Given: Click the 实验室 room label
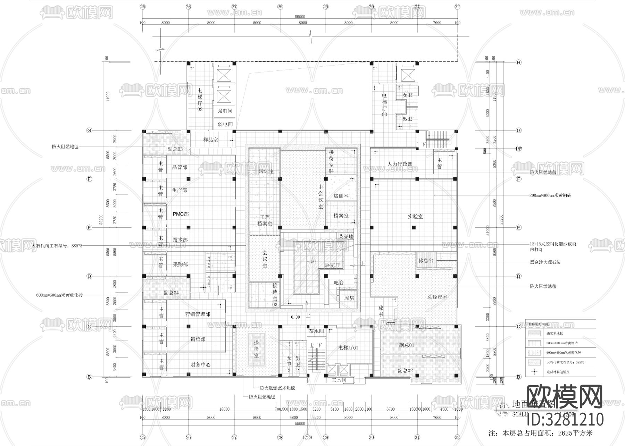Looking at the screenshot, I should [415, 216].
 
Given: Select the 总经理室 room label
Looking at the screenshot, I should [437, 297].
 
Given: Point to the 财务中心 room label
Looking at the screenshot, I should [200, 365].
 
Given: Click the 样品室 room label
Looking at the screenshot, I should [210, 140].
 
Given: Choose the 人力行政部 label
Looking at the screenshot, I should [400, 164].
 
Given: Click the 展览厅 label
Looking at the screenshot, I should [332, 265].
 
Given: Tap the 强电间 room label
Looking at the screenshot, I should [225, 111].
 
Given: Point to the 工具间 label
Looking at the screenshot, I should [339, 380].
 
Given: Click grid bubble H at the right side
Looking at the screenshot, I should [519, 62].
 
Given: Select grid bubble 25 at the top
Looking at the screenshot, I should [142, 7].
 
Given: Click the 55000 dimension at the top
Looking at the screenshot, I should [300, 17].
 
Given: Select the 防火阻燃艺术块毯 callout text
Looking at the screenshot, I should [277, 388].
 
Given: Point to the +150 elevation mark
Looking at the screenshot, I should [311, 261].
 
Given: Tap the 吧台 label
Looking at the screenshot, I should [339, 283].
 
